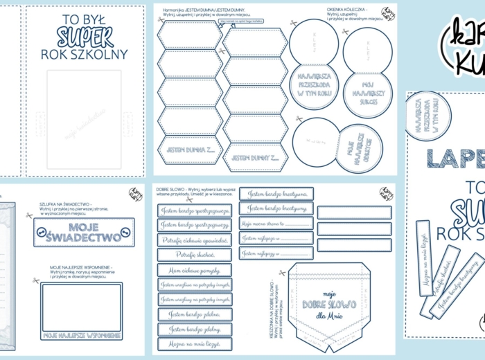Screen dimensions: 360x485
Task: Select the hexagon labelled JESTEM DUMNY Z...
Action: click(x=254, y=158)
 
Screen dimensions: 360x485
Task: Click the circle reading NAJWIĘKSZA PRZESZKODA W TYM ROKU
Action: click(x=313, y=87)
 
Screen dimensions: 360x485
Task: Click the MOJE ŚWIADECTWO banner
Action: click(x=84, y=233)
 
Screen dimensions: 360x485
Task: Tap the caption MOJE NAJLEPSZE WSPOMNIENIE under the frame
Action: click(x=82, y=335)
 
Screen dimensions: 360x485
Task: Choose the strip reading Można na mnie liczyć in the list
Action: click(x=194, y=344)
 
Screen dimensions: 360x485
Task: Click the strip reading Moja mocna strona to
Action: click(x=276, y=224)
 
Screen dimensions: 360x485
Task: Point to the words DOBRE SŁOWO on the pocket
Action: click(x=328, y=305)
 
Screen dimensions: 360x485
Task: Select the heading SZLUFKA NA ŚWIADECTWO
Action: click(x=67, y=206)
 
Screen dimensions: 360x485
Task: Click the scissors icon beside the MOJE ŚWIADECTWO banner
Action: click(x=29, y=215)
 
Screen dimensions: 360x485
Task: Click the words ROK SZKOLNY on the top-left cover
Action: click(x=85, y=54)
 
